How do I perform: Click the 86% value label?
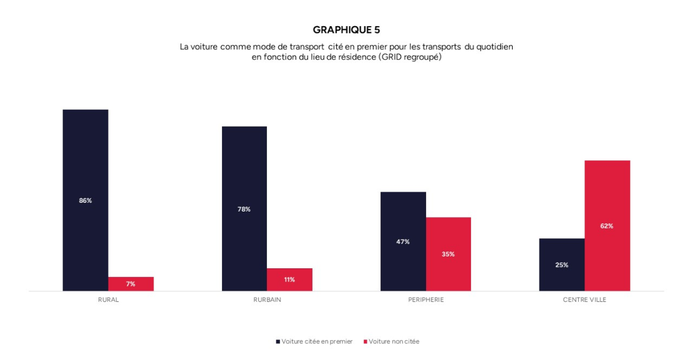[85, 200]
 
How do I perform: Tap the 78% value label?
[244, 209]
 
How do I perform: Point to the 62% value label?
[606, 226]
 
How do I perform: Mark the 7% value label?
[130, 284]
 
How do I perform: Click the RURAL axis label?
[108, 299]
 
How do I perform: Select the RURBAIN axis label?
[267, 299]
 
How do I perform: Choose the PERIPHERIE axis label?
[425, 299]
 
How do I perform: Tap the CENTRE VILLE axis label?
[584, 299]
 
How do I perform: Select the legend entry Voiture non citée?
[394, 341]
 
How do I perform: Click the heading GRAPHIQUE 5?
[346, 29]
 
